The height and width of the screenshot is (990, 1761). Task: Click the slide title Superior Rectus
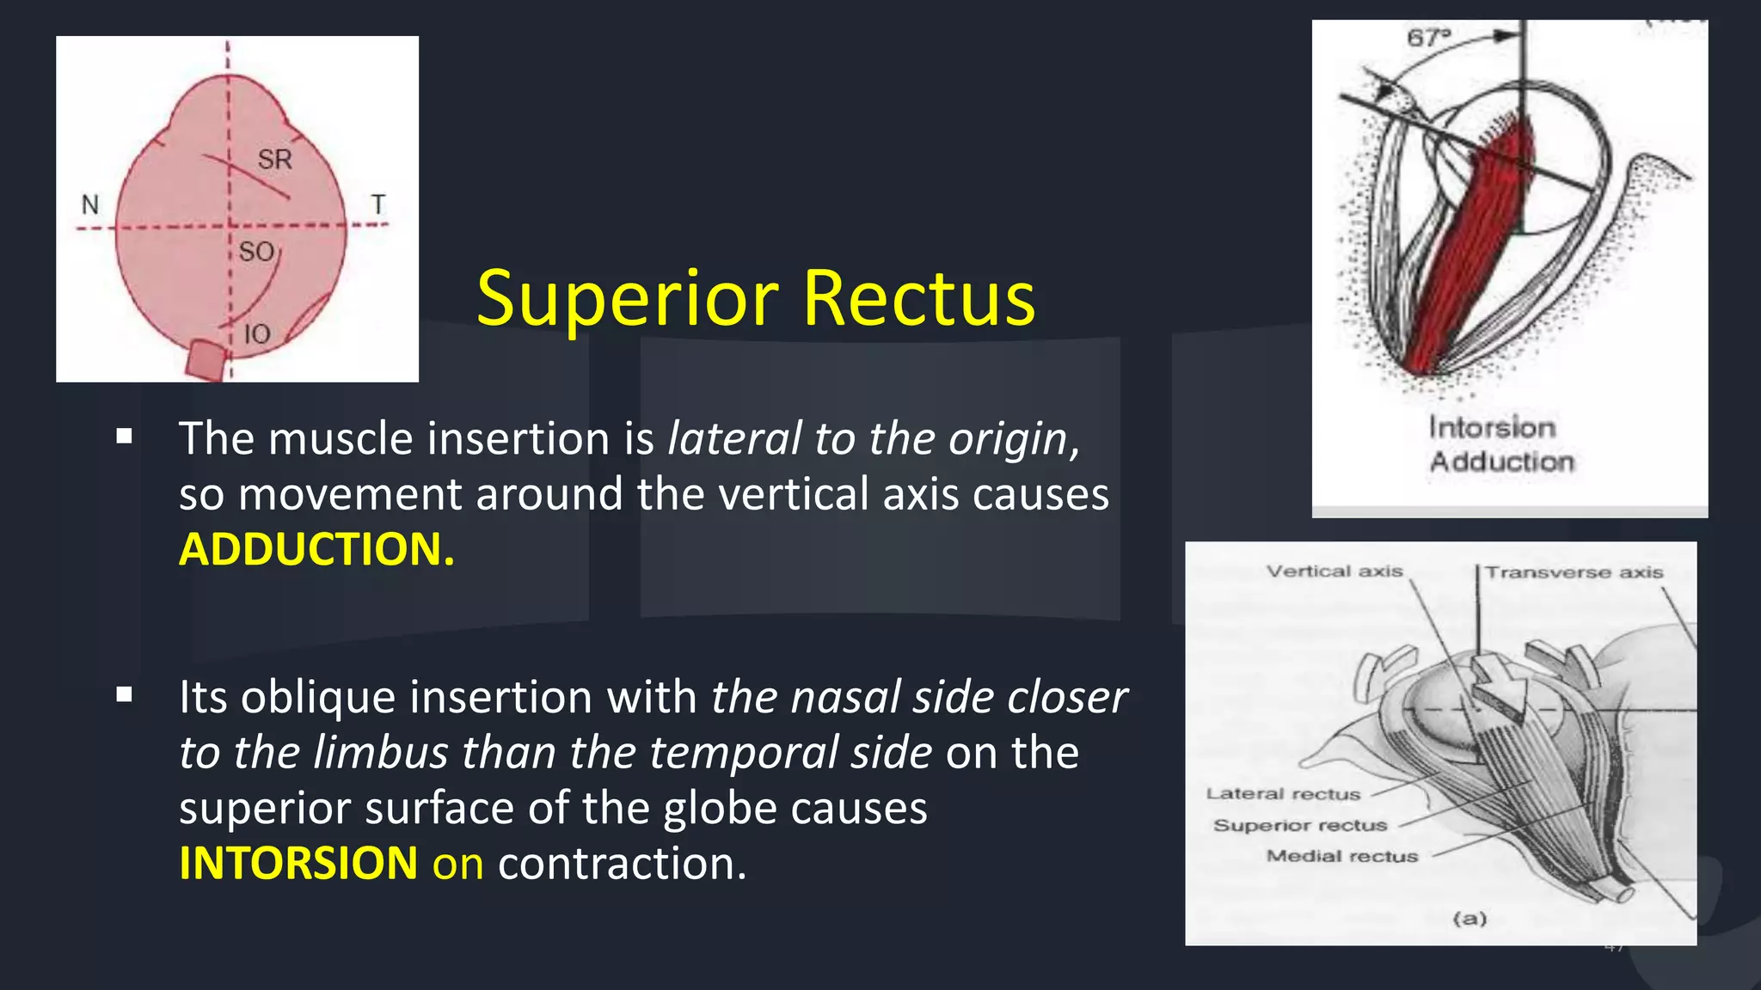(755, 298)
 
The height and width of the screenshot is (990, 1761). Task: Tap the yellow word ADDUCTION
(316, 549)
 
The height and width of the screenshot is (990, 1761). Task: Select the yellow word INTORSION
(298, 863)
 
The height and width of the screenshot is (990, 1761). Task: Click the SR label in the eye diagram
(274, 159)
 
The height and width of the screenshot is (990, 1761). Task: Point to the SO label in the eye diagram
(255, 252)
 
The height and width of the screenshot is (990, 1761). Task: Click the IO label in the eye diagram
(256, 334)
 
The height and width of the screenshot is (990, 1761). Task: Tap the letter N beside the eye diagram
(90, 205)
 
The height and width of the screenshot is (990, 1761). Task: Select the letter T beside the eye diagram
(377, 205)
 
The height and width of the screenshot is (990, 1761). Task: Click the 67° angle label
(1428, 38)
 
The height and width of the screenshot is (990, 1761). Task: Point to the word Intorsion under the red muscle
(1492, 427)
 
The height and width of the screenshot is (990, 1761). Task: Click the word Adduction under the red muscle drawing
(1501, 461)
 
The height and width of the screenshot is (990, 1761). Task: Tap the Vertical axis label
(1334, 571)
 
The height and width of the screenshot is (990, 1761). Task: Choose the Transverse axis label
(1574, 572)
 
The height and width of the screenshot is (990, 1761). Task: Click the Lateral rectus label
(1283, 794)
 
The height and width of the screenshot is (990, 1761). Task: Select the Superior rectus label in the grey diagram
(1300, 825)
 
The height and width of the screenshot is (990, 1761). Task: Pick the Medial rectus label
(1341, 856)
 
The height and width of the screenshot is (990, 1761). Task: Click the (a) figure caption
(1470, 919)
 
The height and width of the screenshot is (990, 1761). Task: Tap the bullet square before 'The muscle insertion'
(125, 436)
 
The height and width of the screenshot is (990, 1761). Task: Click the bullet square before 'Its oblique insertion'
(125, 694)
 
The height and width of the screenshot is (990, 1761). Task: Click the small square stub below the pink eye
(206, 359)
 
